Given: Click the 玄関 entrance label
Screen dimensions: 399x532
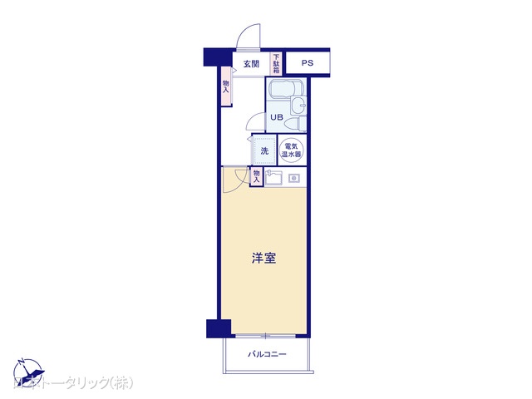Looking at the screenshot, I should [251, 64].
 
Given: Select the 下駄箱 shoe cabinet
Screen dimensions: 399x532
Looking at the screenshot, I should [276, 64].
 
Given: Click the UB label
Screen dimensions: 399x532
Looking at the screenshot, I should [276, 118].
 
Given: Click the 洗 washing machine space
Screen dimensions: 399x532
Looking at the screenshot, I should [264, 150].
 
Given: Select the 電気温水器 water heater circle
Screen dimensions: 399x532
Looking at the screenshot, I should [292, 150].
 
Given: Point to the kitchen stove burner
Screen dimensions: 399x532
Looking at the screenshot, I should [293, 178].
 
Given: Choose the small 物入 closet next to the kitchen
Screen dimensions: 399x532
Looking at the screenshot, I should [257, 175].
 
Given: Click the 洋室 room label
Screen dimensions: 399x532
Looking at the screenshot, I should [264, 259].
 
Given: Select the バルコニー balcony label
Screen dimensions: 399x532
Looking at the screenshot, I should [267, 355].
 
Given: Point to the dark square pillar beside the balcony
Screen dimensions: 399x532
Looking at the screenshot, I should [214, 328].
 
